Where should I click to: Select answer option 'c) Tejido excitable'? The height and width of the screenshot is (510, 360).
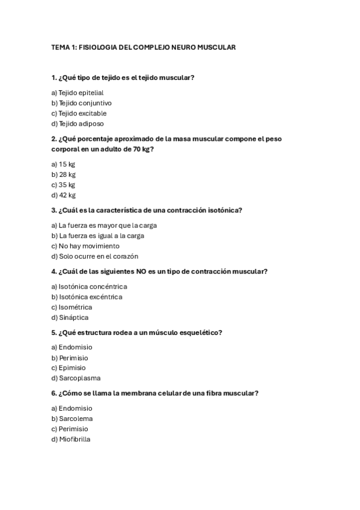(79, 113)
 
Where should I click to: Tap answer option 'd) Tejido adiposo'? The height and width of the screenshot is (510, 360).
(78, 123)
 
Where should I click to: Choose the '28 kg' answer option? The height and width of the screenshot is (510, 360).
(63, 174)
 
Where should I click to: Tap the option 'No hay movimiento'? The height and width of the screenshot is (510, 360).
(85, 246)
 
